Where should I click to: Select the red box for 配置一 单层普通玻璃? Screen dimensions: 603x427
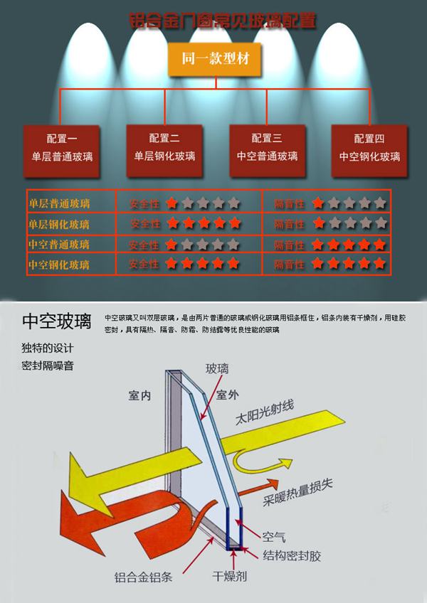point(62,147)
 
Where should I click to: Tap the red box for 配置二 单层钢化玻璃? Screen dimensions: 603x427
point(164,147)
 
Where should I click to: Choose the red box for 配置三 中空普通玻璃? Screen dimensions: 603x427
point(268,147)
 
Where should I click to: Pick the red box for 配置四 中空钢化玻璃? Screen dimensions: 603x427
point(369,147)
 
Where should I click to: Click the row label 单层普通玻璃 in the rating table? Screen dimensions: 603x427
point(60,204)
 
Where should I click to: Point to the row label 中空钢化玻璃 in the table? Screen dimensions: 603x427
point(60,265)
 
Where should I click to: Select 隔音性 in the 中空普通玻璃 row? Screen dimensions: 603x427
point(290,245)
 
